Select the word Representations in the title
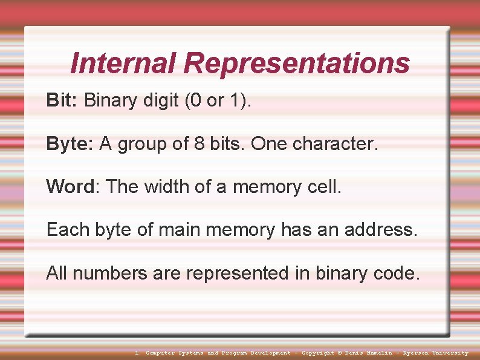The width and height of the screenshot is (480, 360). pyautogui.click(x=297, y=63)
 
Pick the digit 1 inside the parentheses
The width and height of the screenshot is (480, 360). pyautogui.click(x=235, y=100)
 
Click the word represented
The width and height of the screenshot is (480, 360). pyautogui.click(x=238, y=273)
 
